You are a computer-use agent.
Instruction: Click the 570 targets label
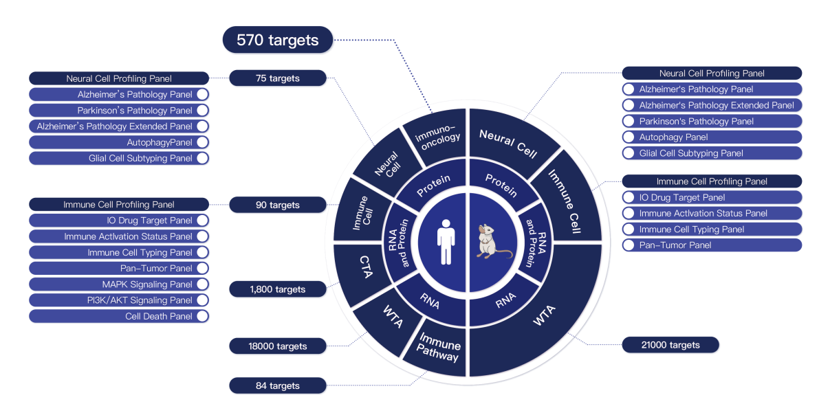(x=278, y=41)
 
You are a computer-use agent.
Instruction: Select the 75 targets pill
(x=278, y=78)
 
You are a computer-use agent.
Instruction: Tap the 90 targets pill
(x=278, y=205)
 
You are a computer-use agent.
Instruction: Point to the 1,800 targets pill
(x=278, y=289)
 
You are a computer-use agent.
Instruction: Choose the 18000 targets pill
(x=278, y=346)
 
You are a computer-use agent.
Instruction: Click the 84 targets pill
(x=278, y=385)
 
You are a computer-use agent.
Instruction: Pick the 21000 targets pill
(x=670, y=345)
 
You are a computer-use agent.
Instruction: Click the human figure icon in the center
(x=446, y=242)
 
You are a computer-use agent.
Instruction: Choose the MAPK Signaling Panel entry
(x=119, y=284)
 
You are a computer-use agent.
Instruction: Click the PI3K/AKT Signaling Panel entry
(x=119, y=300)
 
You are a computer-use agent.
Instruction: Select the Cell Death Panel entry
(x=119, y=317)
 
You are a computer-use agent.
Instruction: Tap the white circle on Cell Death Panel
(x=202, y=317)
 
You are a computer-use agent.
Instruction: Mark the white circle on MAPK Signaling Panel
(x=202, y=284)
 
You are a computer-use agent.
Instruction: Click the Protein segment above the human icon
(x=433, y=184)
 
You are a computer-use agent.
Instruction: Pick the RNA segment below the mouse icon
(x=505, y=299)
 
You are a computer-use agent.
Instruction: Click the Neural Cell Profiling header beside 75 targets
(x=119, y=78)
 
